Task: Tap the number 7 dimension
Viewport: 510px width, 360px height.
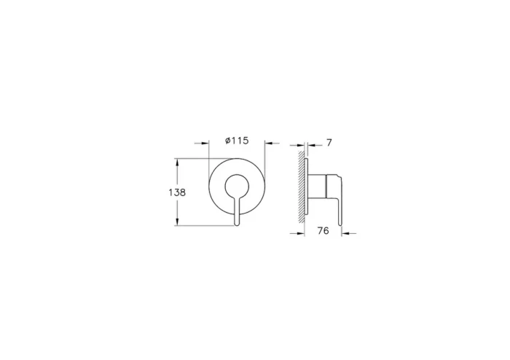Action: [x=329, y=143]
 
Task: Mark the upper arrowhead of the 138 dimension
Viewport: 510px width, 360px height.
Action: [x=176, y=163]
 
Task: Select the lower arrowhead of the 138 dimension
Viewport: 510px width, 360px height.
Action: [x=176, y=222]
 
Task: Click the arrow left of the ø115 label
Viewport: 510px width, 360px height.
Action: [x=205, y=143]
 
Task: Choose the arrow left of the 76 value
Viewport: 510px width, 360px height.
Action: [x=296, y=233]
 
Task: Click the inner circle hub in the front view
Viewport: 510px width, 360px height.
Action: [x=237, y=187]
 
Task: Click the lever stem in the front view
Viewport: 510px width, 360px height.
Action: [x=237, y=208]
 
